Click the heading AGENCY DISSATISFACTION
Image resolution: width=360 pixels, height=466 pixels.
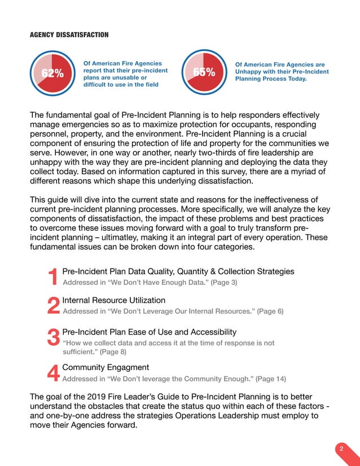69,35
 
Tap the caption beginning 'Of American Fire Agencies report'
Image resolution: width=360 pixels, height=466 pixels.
125,74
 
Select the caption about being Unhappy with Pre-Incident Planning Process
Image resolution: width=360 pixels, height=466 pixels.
282,72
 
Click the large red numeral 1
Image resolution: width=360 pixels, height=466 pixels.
53,277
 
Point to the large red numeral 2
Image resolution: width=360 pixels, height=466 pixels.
53,306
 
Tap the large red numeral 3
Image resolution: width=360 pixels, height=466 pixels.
53,338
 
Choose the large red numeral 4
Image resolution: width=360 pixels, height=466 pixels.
53,373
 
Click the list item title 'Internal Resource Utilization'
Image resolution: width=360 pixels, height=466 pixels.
113,300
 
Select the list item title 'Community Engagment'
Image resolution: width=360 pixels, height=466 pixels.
106,367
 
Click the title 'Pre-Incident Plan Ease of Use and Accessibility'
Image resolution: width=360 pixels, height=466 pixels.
149,332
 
